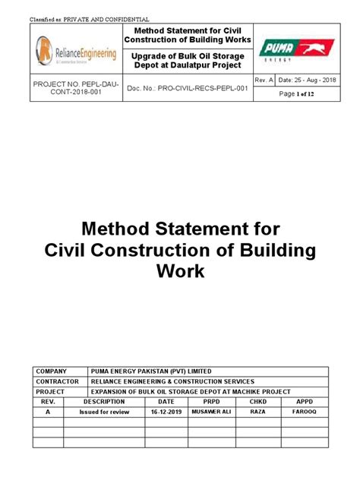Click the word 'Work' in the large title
pyautogui.click(x=179, y=270)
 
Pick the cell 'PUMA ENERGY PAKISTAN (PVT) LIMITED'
pyautogui.click(x=144, y=371)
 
